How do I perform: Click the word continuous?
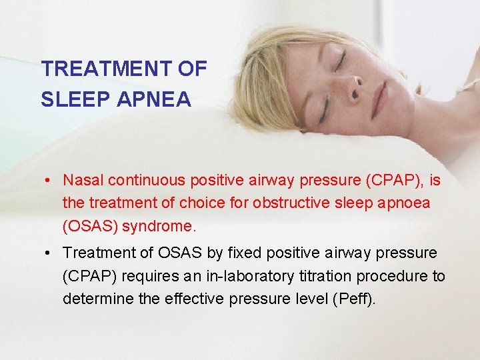point(147,181)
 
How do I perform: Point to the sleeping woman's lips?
point(379,99)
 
